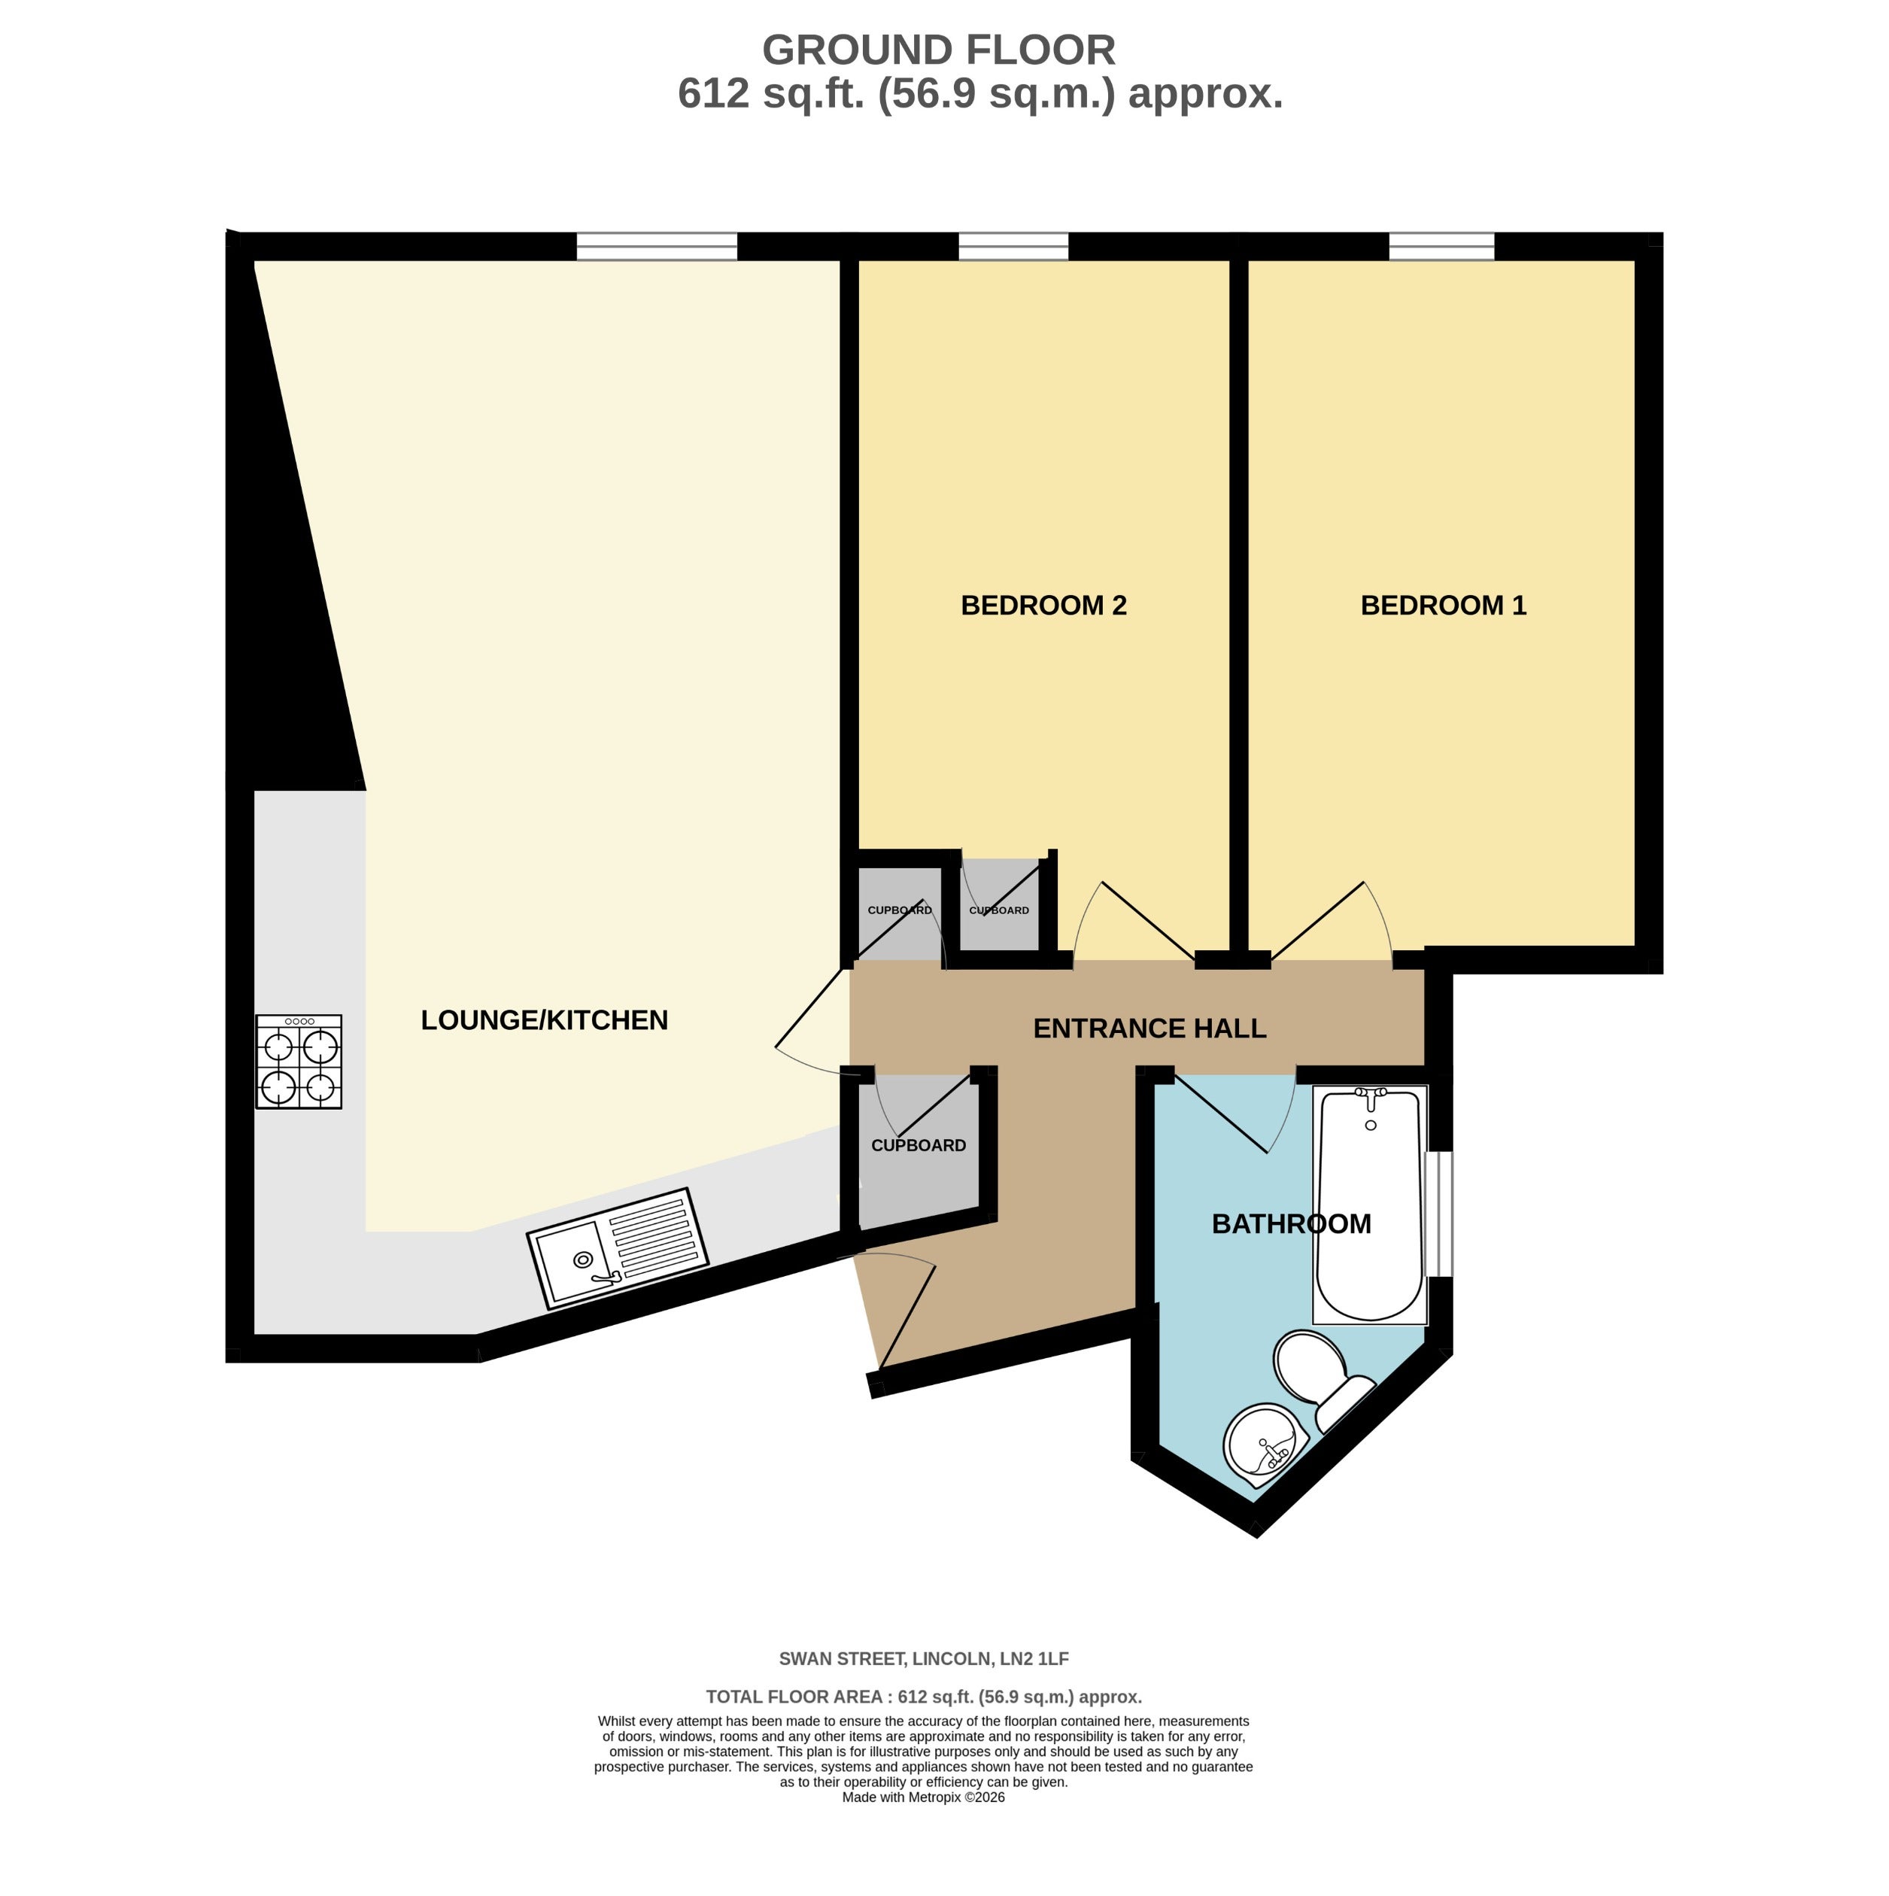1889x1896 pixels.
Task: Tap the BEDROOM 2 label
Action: (1043, 606)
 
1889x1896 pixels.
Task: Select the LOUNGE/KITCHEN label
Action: (544, 1021)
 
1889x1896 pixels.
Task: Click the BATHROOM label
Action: (1292, 1224)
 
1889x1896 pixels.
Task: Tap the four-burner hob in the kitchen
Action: (299, 1062)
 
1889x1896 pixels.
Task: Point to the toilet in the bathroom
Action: (1323, 1377)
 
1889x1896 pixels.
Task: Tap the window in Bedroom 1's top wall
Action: (1441, 246)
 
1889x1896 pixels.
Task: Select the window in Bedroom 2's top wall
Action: (1013, 246)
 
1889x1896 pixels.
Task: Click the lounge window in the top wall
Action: (657, 246)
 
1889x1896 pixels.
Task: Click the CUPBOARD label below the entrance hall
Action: (919, 1145)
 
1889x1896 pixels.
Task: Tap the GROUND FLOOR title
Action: (939, 50)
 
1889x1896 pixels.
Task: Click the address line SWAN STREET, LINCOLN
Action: (923, 1660)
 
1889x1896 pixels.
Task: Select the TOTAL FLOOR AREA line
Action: (923, 1697)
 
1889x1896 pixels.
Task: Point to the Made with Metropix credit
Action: (923, 1825)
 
